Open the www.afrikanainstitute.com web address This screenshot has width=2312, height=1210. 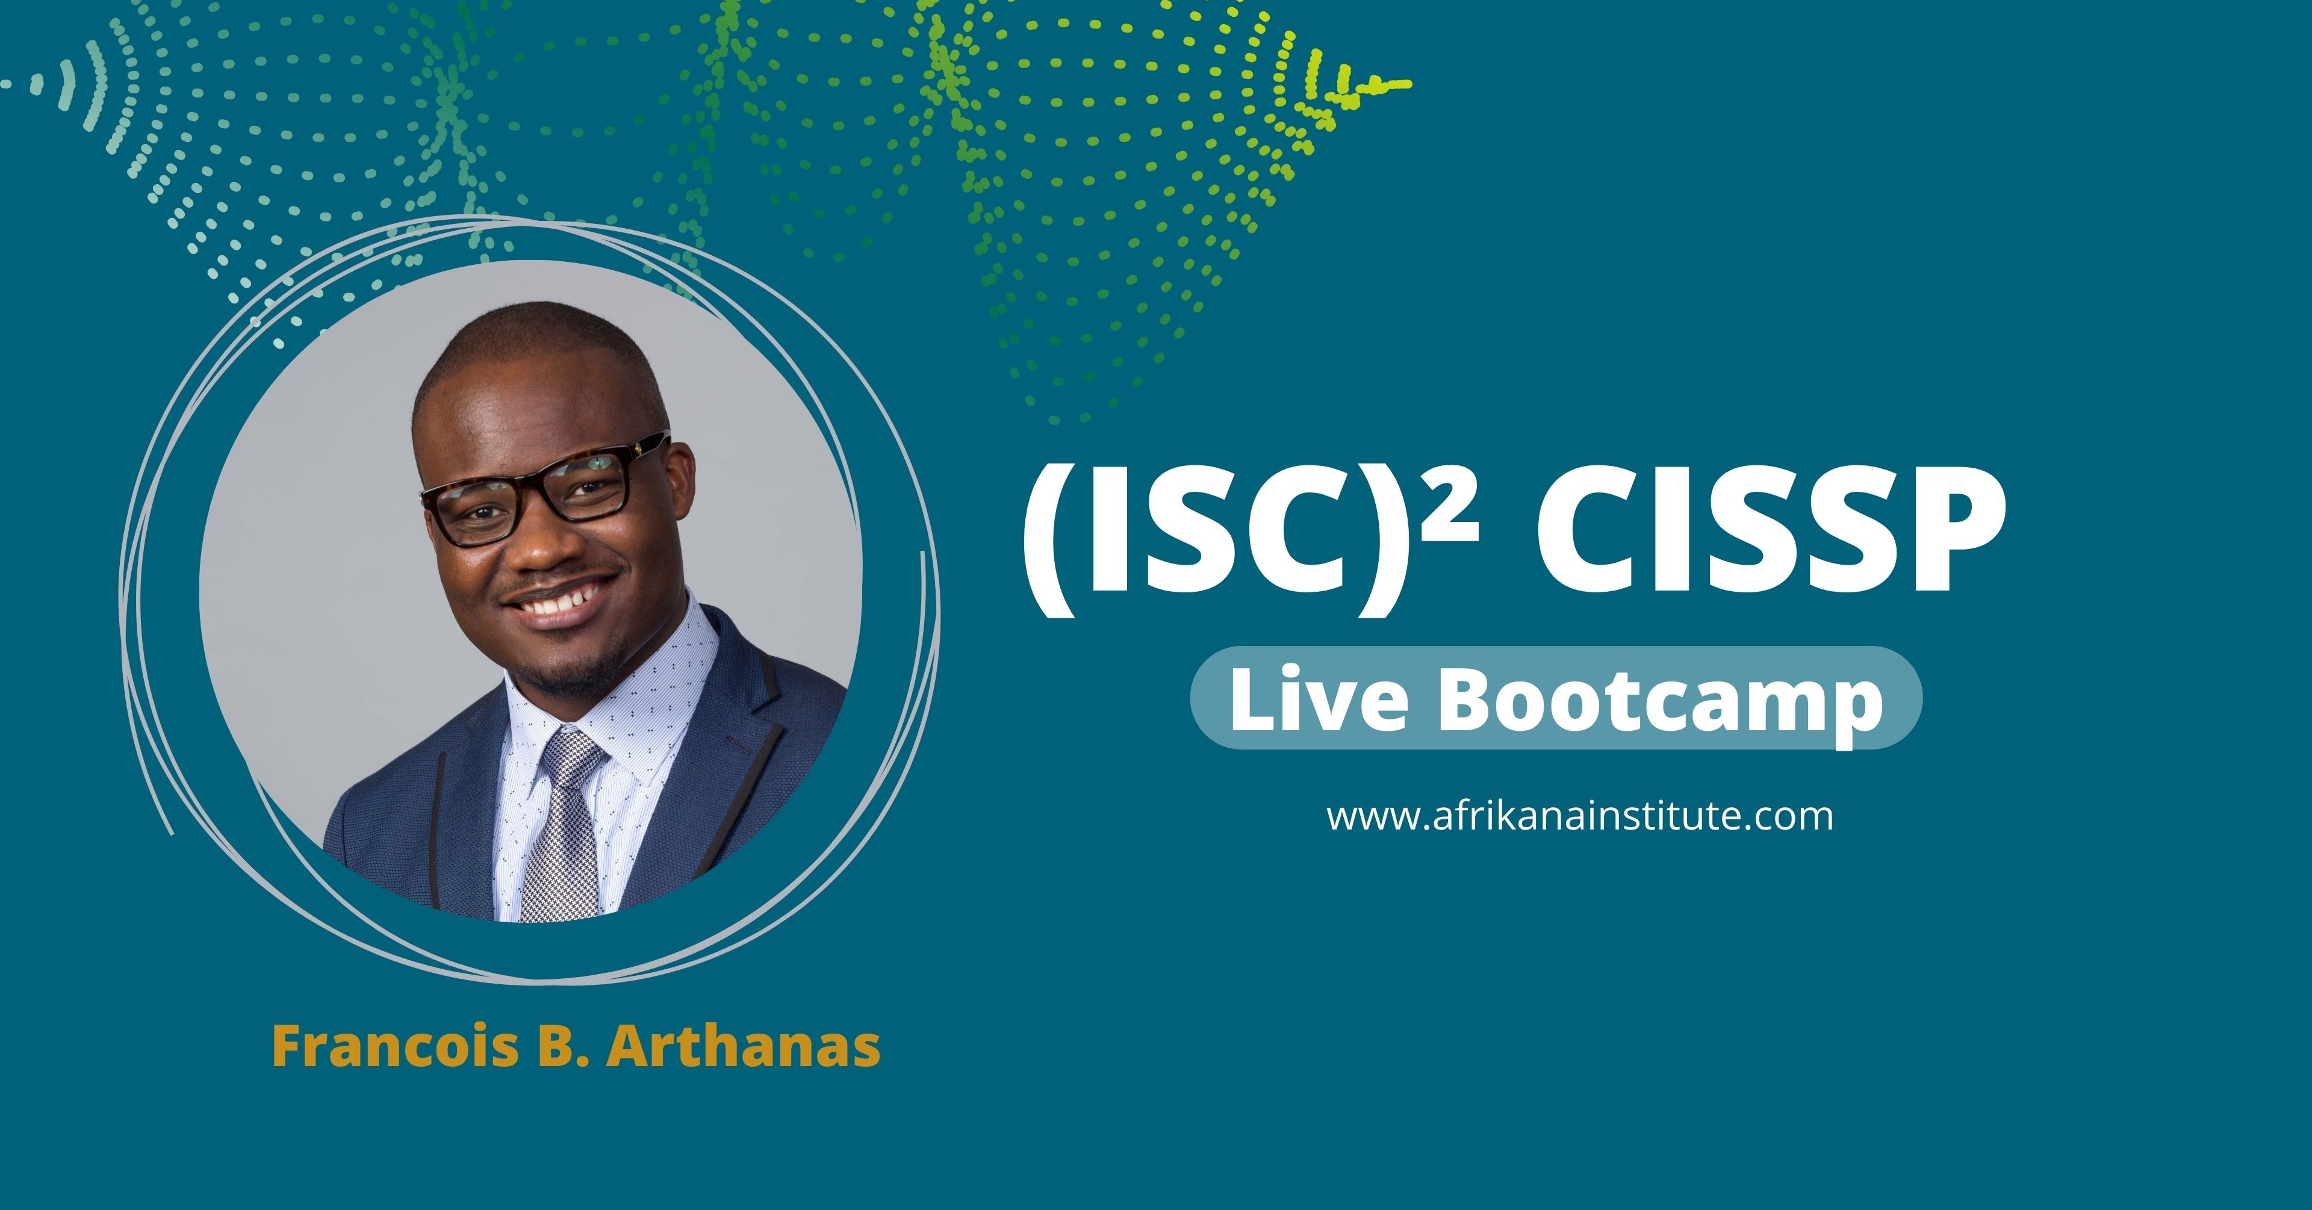pos(1580,817)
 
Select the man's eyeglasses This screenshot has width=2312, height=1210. pos(538,489)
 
